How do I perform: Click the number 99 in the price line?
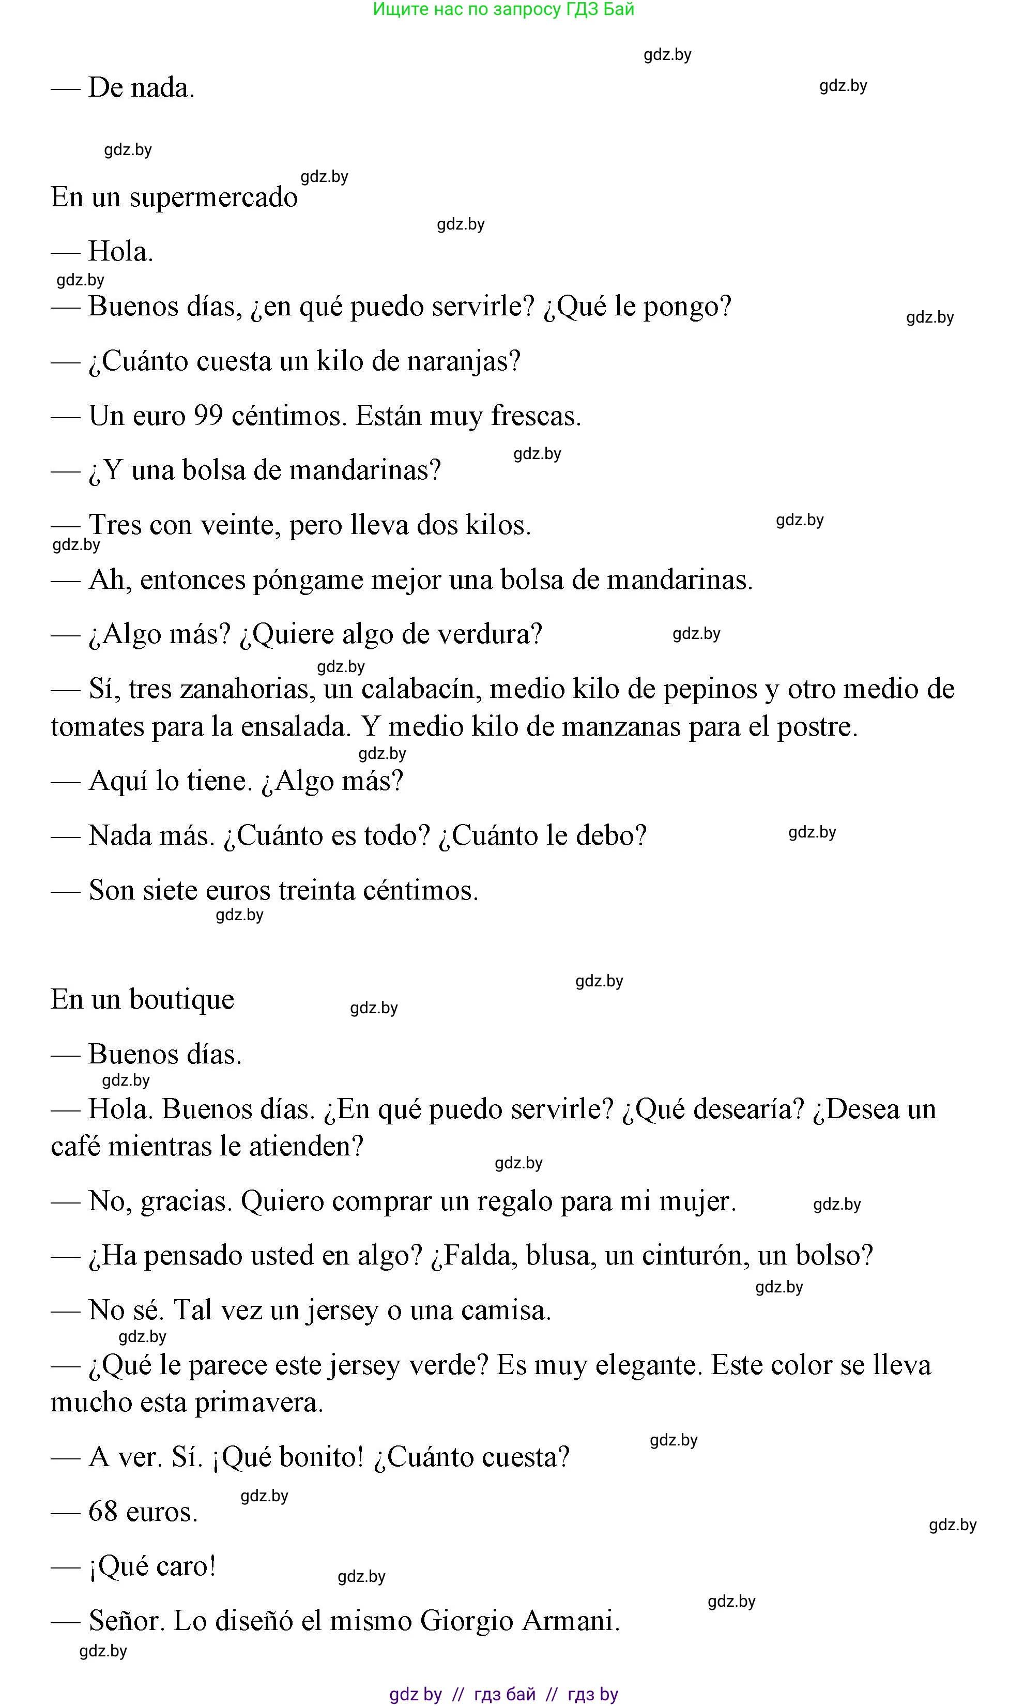(209, 416)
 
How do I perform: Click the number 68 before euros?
(103, 1512)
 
